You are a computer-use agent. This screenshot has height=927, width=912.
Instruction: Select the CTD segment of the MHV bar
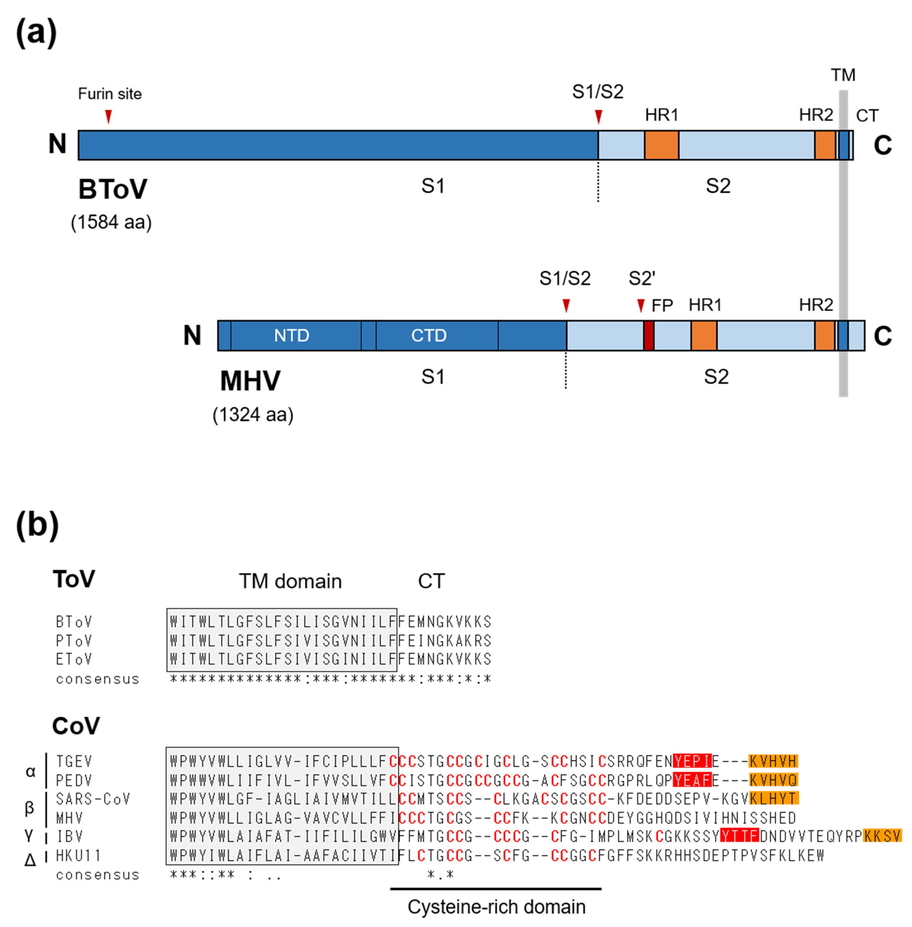(429, 335)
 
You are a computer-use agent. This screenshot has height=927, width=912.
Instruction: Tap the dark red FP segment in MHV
(649, 335)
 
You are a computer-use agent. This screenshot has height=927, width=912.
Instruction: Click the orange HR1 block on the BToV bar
(662, 145)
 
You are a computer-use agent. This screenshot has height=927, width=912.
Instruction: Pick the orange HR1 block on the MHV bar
(704, 335)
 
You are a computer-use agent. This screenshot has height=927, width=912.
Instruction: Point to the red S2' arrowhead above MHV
(641, 305)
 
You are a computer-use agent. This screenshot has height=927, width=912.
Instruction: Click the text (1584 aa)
(111, 222)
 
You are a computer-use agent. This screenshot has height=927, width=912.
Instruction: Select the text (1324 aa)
(253, 414)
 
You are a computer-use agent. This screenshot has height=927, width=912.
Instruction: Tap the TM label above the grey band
(843, 75)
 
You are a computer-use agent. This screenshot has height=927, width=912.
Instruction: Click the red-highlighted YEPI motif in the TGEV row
(692, 761)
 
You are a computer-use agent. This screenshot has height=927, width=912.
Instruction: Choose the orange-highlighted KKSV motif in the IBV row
(882, 836)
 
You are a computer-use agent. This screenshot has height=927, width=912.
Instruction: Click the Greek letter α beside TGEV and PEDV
(30, 771)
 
